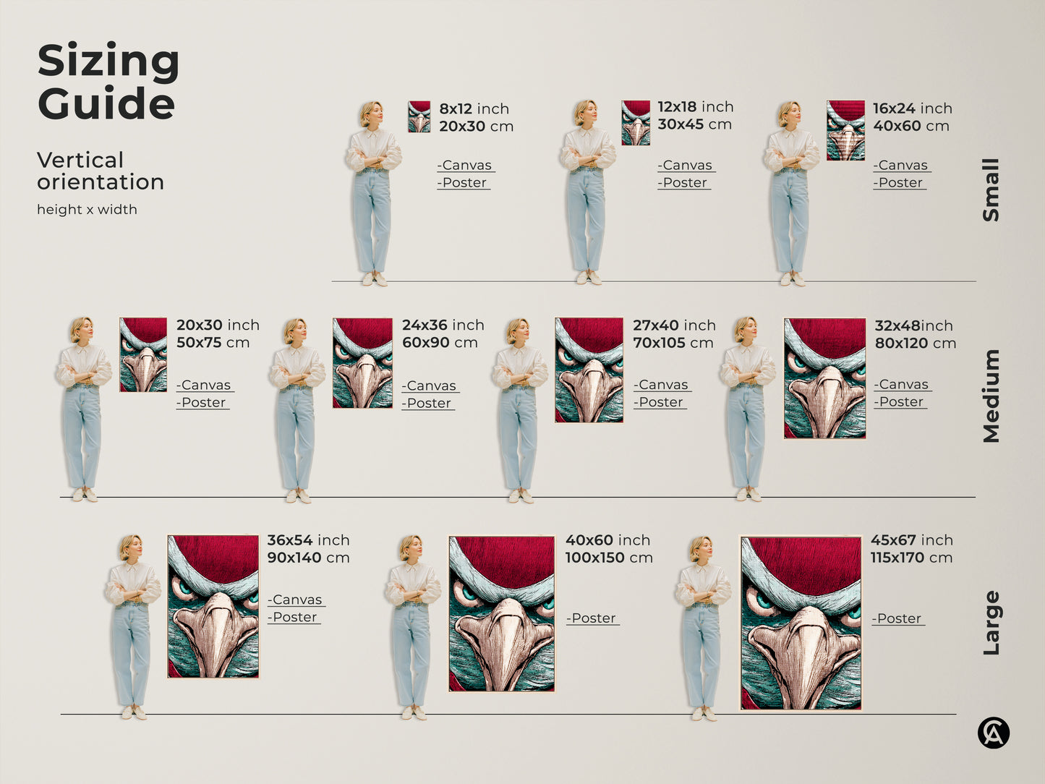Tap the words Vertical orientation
pos(100,171)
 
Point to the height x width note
pos(87,210)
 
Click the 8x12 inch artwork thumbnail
pos(419,116)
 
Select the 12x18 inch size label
pos(695,107)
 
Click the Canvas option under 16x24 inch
pos(901,166)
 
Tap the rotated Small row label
pos(991,189)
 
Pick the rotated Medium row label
pos(991,396)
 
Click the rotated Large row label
pos(991,623)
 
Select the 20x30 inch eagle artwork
pos(143,354)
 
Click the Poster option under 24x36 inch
pos(428,404)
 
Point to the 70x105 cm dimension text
pos(673,343)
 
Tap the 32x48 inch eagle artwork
pos(824,378)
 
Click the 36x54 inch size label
pos(308,540)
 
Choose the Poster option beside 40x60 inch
pos(592,618)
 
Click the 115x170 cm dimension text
pos(911,558)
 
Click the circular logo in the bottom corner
pos(993,733)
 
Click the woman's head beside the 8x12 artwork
pos(372,114)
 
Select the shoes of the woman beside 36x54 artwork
pos(134,712)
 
